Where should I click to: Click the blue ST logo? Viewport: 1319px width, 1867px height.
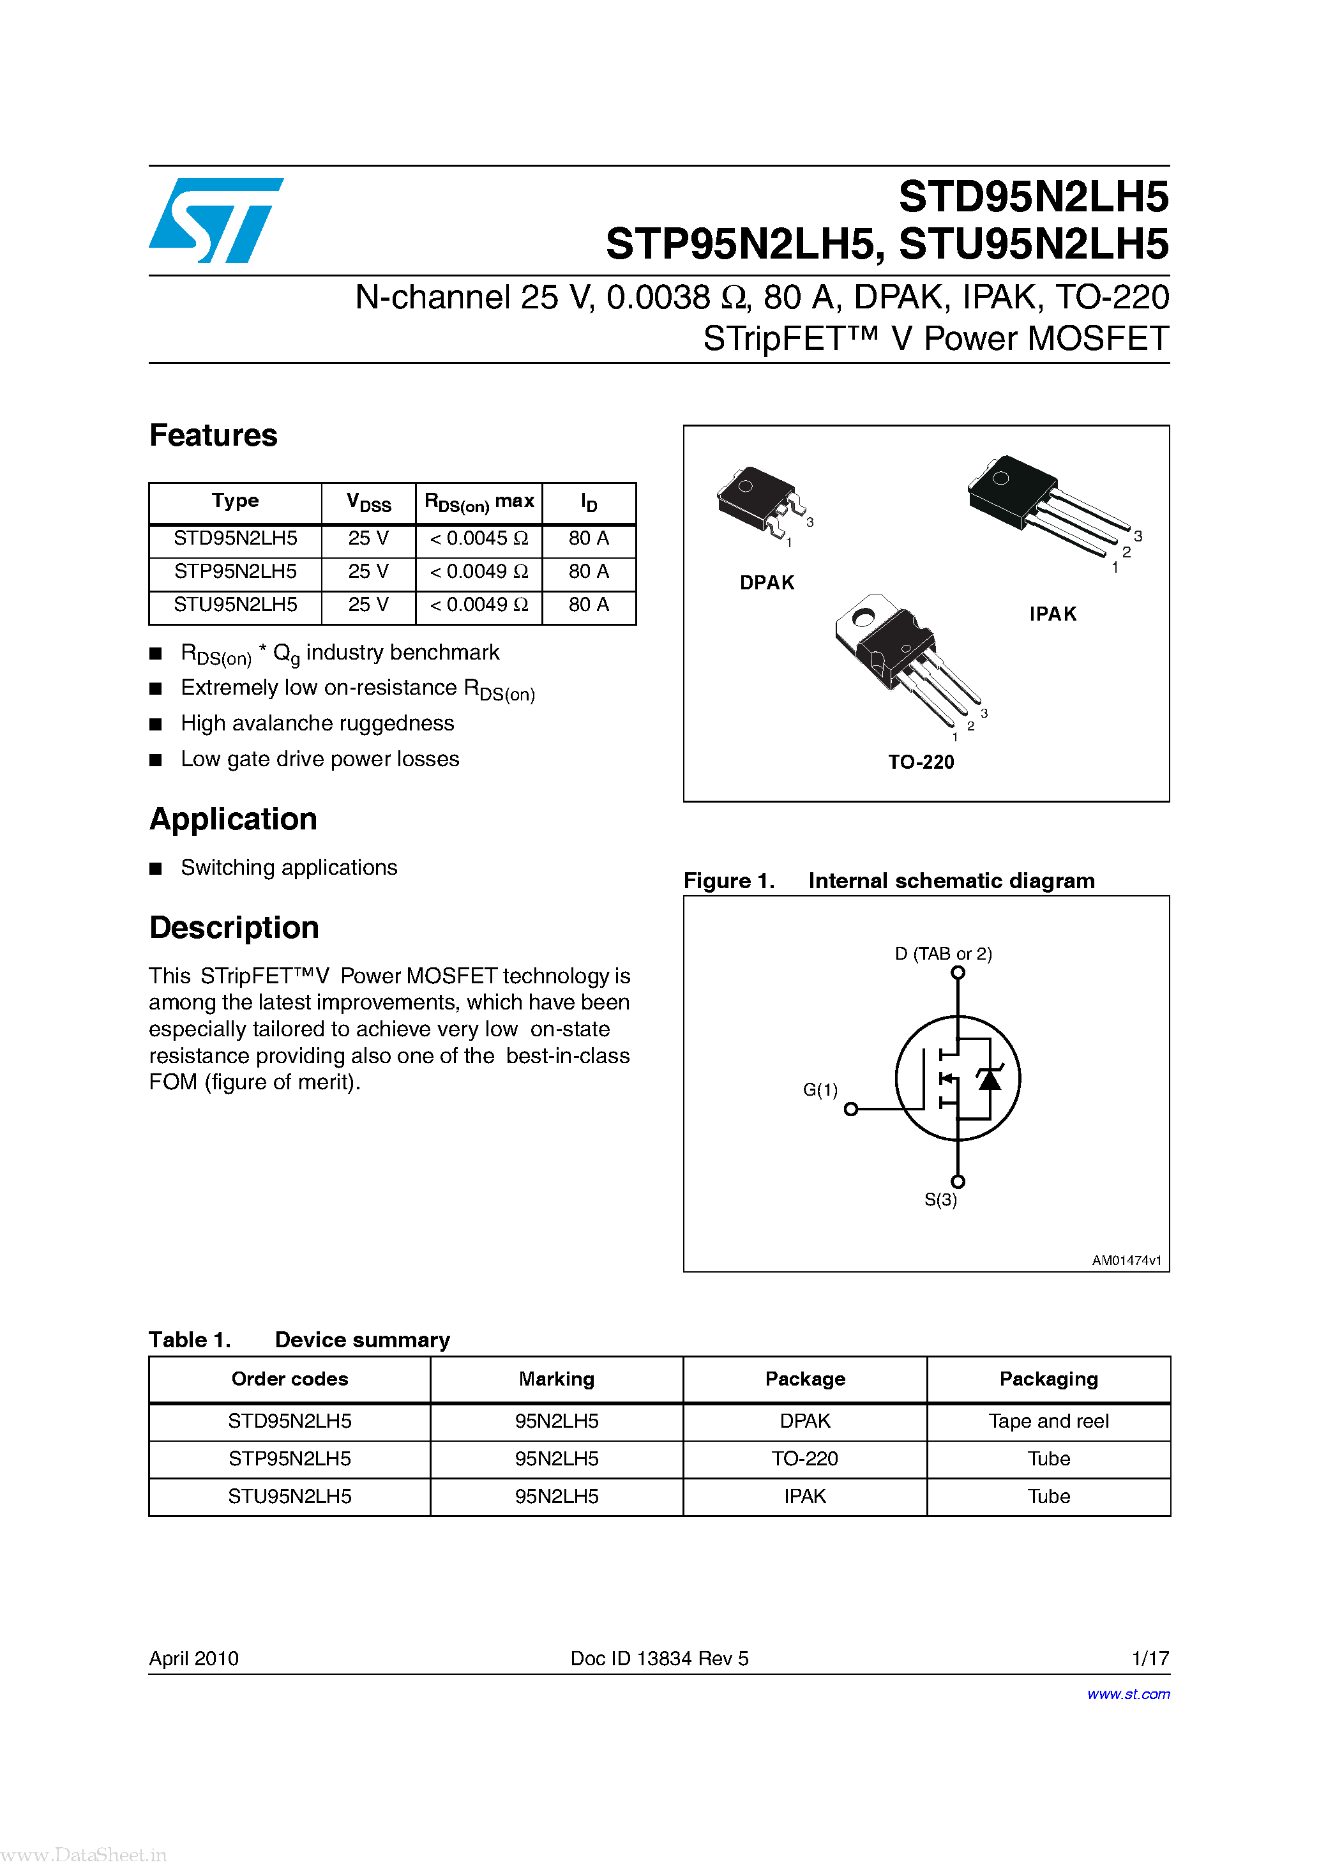216,220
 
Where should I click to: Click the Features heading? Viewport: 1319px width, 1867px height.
213,436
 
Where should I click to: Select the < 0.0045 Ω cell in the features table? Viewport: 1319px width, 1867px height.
478,538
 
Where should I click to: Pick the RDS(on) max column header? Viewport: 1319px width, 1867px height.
479,503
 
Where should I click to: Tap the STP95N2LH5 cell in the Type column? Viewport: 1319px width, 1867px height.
235,571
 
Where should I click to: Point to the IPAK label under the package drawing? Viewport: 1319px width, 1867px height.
1052,614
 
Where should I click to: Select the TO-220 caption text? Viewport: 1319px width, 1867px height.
921,762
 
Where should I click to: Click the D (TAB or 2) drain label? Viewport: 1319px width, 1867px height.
944,953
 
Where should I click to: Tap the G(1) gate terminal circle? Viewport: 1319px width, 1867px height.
850,1109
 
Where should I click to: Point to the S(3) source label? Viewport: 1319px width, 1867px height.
940,1199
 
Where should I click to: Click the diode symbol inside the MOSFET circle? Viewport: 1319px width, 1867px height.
989,1079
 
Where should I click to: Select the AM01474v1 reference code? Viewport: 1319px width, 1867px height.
1126,1260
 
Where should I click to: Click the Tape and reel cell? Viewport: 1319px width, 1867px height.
1048,1421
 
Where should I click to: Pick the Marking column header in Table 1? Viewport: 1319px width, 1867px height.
556,1379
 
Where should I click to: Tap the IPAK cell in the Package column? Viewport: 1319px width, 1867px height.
804,1496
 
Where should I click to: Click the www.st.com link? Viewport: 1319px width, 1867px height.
1128,1694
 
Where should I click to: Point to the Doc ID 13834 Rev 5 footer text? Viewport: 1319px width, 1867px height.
659,1658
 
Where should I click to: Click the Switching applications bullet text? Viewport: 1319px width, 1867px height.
289,868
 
